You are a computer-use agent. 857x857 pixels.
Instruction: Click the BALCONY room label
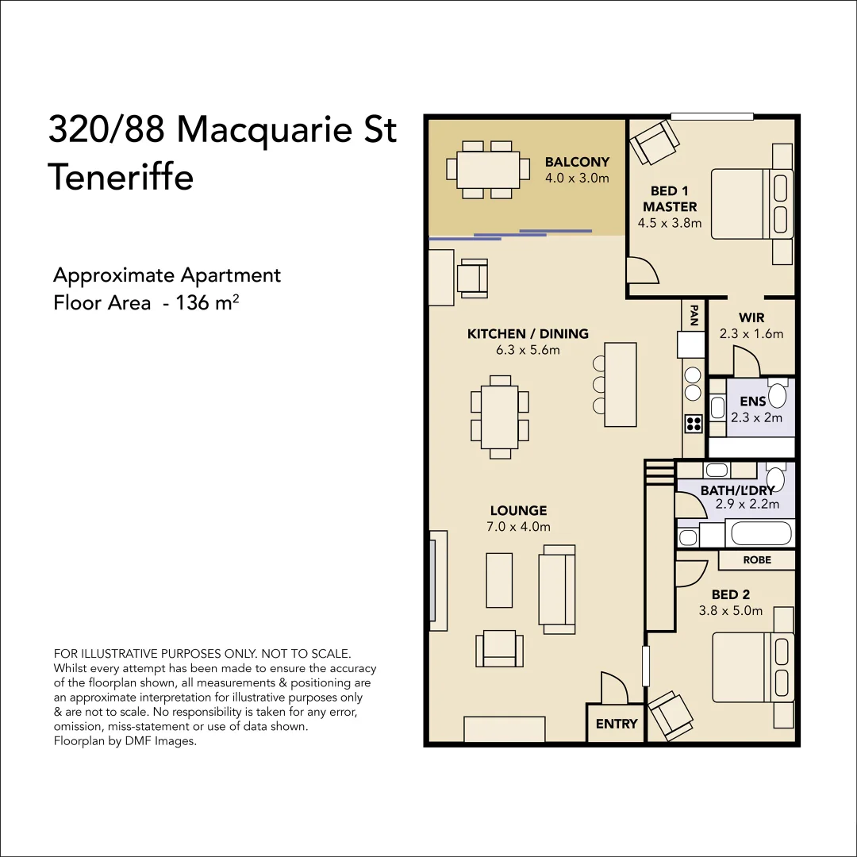tap(577, 163)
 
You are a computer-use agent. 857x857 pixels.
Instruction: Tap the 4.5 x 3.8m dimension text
tap(670, 223)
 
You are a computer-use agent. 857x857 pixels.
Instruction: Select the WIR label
tap(751, 318)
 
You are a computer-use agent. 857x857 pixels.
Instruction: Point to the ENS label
tap(752, 402)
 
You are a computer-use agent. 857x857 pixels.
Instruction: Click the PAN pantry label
tap(694, 316)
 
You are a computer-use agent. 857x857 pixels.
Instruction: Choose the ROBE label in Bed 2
tap(757, 559)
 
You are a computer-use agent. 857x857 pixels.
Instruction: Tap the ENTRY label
tap(616, 724)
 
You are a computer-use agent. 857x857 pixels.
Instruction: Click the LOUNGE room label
tap(518, 511)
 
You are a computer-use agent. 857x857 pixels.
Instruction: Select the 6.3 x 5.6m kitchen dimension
tap(528, 350)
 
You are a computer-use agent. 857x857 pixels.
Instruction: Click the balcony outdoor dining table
tap(488, 169)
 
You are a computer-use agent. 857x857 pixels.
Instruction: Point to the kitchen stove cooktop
tap(694, 423)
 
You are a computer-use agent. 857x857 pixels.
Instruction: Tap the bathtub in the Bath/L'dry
tap(761, 532)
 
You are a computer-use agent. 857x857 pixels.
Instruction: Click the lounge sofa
tap(557, 589)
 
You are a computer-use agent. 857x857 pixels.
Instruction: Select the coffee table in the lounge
tap(499, 580)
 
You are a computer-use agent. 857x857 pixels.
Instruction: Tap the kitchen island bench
tap(621, 384)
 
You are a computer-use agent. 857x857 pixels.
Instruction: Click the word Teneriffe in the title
tap(121, 176)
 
